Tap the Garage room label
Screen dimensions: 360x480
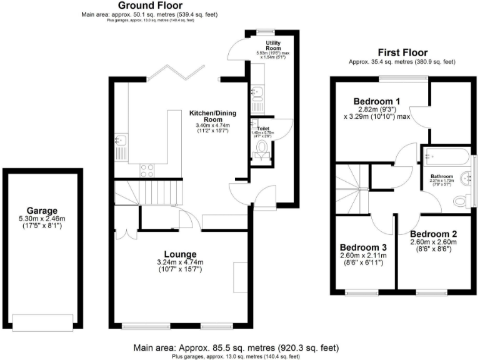[x=42, y=211]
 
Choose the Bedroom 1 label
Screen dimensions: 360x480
[x=377, y=101]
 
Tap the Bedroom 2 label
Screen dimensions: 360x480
[x=433, y=234]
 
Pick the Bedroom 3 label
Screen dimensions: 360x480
[x=362, y=246]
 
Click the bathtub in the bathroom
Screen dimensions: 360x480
[x=446, y=156]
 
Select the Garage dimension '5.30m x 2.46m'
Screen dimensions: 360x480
[x=42, y=219]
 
